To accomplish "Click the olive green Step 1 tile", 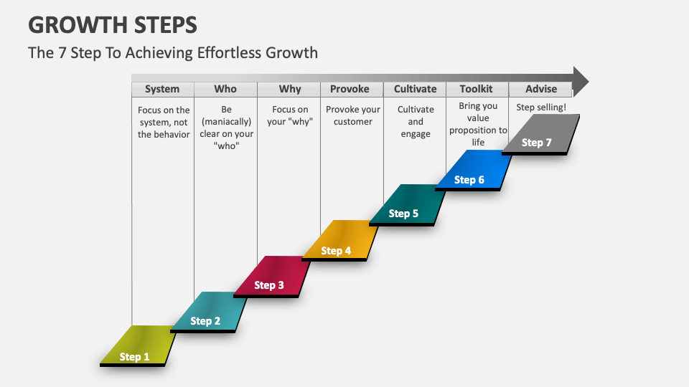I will [137, 345].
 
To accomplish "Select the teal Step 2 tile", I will [208, 311].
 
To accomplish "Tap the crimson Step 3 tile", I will [271, 275].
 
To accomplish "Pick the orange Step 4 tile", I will [338, 240].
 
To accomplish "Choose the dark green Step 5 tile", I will [406, 204].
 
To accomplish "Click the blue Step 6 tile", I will [472, 169].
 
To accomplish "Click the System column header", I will [162, 89].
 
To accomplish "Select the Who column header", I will [225, 89].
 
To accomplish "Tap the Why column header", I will [289, 89].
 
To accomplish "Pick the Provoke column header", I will [351, 89].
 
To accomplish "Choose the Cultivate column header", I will [415, 89].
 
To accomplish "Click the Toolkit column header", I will [477, 89].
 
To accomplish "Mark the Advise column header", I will [540, 89].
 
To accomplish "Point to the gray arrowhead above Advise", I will [581, 81].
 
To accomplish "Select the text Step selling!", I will [541, 107].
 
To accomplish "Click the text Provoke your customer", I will [352, 115].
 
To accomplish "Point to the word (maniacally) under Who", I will [225, 122].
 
